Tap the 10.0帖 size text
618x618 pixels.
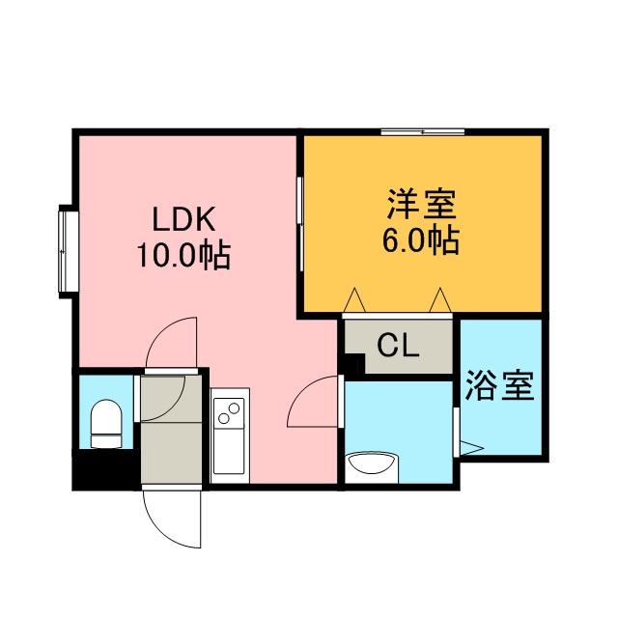182,255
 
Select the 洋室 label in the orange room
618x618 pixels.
421,205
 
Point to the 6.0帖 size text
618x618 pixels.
421,239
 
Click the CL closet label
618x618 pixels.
398,346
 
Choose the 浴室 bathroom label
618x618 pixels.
499,386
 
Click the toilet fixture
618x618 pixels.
105,425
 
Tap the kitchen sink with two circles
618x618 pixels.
230,415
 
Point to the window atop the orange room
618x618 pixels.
422,131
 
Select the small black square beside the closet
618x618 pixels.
353,365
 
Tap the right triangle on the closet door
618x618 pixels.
441,300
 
